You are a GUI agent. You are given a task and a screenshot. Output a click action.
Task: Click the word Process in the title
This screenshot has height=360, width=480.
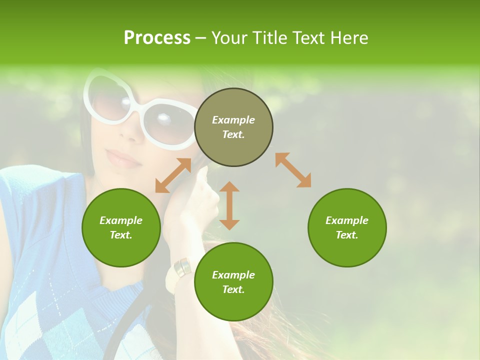[157, 38]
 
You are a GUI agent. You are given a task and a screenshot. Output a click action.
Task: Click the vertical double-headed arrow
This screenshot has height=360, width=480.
[229, 205]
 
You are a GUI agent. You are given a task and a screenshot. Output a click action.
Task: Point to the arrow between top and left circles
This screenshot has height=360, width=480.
[173, 175]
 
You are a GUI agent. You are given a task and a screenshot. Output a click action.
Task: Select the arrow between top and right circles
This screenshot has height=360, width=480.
[293, 170]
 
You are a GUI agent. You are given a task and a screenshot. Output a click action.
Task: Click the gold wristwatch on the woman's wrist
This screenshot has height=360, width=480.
[182, 268]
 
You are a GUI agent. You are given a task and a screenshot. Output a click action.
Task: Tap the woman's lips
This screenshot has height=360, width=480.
[122, 158]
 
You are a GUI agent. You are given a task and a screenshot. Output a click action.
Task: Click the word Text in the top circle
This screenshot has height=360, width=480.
[233, 134]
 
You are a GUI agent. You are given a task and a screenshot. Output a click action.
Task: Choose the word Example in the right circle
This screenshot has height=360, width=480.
[347, 220]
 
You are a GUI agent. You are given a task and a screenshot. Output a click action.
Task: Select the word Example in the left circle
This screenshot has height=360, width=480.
[121, 220]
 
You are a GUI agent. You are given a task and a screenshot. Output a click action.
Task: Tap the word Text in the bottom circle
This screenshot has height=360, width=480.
[233, 289]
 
